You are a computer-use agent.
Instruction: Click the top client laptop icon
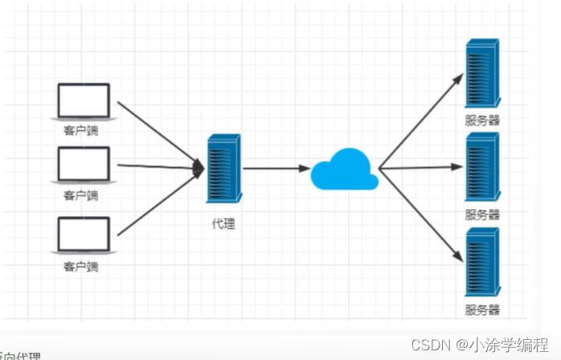click(x=84, y=102)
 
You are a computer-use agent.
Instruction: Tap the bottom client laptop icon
click(x=84, y=235)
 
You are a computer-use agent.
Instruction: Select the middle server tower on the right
click(x=481, y=166)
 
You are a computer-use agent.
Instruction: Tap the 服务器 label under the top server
click(x=482, y=121)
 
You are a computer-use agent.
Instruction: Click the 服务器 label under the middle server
click(x=482, y=215)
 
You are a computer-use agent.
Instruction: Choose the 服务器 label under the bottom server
click(x=482, y=309)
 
